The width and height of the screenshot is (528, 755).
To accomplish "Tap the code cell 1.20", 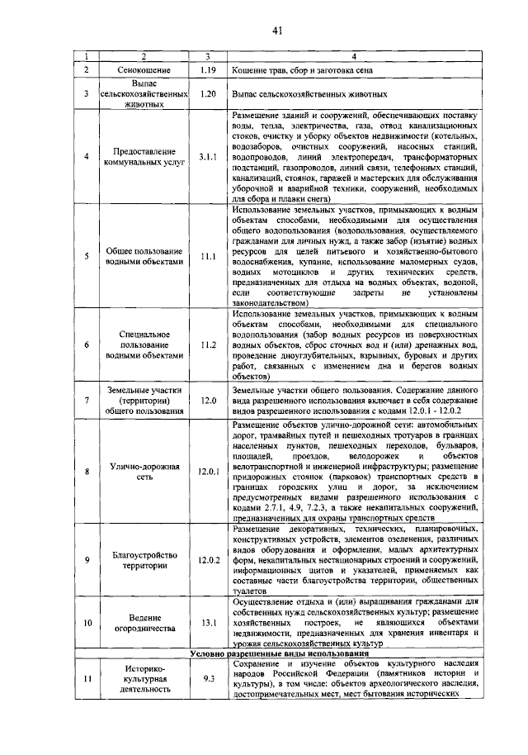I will (x=207, y=94).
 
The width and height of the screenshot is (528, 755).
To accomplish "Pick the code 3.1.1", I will (x=207, y=156).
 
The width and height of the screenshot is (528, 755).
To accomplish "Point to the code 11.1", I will (x=207, y=258).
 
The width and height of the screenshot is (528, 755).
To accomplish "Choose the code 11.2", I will (x=207, y=344).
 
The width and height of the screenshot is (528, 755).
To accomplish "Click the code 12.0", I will (x=207, y=402).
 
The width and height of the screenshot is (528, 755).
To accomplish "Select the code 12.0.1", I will (x=207, y=472).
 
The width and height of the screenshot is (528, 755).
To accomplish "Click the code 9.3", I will (x=207, y=679).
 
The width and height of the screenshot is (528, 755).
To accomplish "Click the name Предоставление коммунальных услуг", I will (x=144, y=157).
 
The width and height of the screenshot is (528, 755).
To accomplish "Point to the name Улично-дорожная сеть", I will (x=144, y=472).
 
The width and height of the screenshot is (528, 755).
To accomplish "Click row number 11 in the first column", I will (x=87, y=679).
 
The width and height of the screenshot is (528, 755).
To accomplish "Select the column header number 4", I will (x=354, y=56).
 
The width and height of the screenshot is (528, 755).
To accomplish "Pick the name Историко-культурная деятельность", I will (x=144, y=679).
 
